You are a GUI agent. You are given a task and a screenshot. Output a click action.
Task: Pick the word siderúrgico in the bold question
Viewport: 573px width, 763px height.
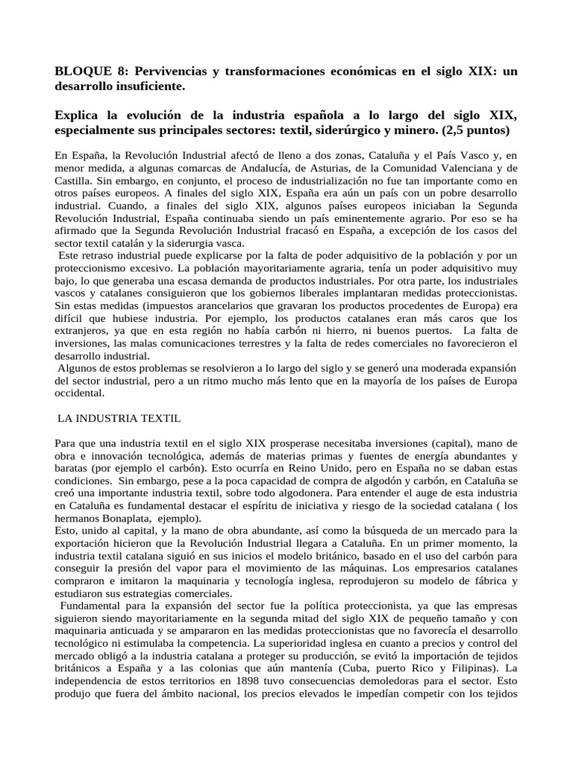pos(345,130)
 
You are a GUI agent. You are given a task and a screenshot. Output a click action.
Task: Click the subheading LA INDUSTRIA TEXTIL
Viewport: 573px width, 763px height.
pos(119,419)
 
